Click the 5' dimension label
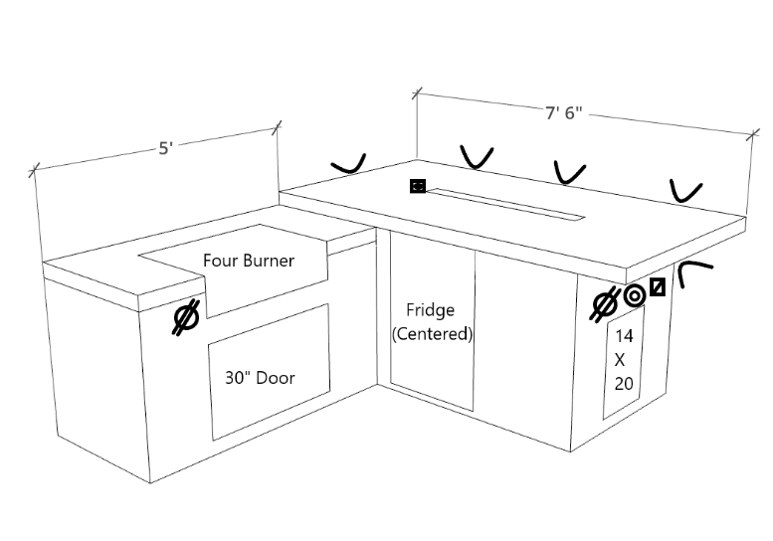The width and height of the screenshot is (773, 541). [x=165, y=148]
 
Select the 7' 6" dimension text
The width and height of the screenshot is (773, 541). [x=563, y=112]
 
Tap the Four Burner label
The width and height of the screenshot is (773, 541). [x=249, y=261]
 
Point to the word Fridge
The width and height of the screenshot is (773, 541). [x=431, y=310]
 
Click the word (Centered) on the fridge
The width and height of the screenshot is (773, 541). [x=433, y=334]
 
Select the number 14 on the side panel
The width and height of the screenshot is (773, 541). [x=625, y=335]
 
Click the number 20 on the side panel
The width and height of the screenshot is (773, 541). [x=625, y=383]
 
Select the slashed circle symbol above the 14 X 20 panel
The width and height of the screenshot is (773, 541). [x=605, y=303]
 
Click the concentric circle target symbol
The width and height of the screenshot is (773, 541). [x=635, y=295]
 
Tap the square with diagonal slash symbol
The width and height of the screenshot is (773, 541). [x=657, y=288]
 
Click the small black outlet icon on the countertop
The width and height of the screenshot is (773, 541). [x=418, y=185]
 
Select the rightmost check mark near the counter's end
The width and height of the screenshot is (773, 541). [x=685, y=190]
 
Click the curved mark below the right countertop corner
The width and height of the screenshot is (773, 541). [x=693, y=270]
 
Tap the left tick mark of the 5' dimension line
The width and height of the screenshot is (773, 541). [x=35, y=169]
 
